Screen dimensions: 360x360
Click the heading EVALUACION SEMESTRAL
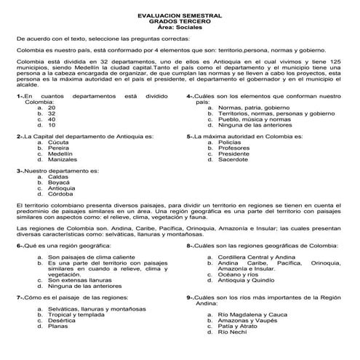[180, 15]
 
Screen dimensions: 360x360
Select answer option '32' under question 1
[52, 114]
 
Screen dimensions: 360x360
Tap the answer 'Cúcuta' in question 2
[58, 142]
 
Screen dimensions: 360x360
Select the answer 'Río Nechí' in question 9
[233, 332]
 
